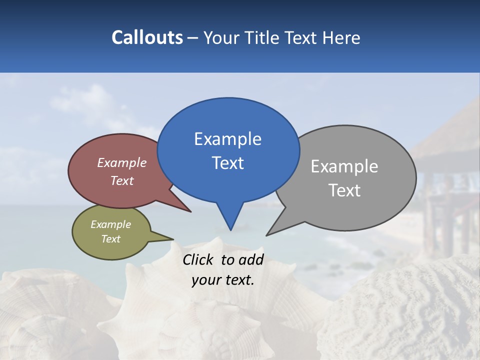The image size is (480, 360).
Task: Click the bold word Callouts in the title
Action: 147,37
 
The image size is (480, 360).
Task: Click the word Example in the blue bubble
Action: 228,139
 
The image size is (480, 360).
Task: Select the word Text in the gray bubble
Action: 345,190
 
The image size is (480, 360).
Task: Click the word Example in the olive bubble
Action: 110,224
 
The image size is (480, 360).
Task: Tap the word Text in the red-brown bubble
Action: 121,181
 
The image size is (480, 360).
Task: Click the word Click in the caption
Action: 198,259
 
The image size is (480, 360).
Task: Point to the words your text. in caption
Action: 222,280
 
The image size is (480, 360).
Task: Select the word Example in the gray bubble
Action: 344,166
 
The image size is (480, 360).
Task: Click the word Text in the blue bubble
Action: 228,163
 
